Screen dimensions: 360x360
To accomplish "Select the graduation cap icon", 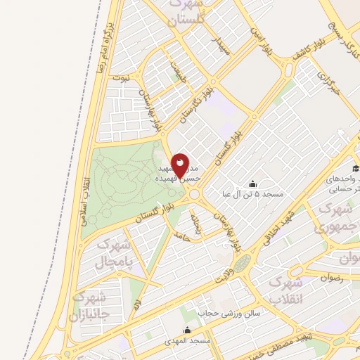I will (356, 169).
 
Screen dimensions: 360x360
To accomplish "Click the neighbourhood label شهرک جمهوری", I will (336, 218).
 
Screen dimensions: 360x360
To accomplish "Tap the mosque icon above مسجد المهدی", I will (187, 330).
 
